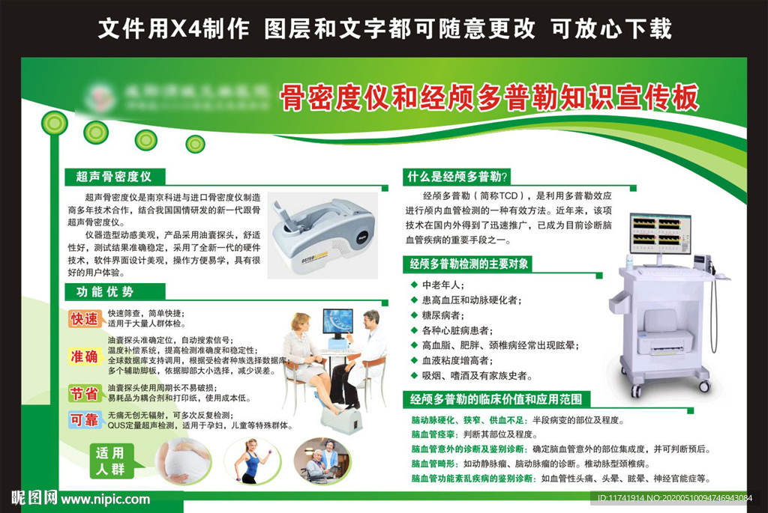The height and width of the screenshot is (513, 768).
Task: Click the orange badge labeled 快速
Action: click(85, 319)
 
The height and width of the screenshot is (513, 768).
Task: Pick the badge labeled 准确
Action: click(85, 356)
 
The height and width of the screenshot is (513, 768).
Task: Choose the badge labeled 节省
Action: click(85, 392)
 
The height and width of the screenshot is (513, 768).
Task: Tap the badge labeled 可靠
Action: click(85, 420)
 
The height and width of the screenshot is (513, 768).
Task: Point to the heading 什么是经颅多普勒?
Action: click(457, 177)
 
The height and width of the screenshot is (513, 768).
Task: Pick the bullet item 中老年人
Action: click(443, 285)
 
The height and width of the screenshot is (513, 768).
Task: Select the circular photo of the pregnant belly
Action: click(183, 459)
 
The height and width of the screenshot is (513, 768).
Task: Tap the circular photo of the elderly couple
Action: click(322, 459)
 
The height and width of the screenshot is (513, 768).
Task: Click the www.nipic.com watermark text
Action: click(105, 499)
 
